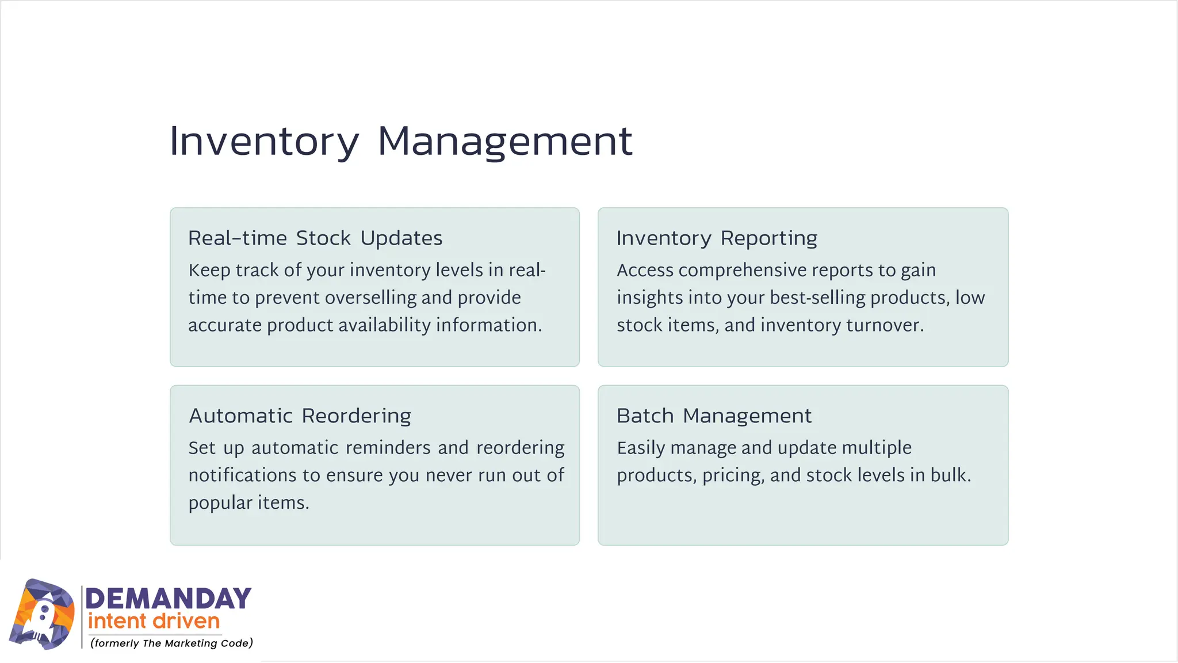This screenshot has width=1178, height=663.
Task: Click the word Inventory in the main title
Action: [x=264, y=142]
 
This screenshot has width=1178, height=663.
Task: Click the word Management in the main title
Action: [x=505, y=142]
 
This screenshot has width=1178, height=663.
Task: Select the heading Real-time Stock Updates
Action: [x=315, y=238]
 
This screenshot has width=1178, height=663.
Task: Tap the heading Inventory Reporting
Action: [x=717, y=238]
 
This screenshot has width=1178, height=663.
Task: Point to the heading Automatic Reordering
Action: [x=300, y=416]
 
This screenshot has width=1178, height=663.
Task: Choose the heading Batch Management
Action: [x=714, y=416]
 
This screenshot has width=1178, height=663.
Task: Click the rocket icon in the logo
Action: [x=42, y=615]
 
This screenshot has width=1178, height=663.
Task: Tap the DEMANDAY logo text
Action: [x=168, y=599]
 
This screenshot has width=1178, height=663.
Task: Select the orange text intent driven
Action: [x=154, y=622]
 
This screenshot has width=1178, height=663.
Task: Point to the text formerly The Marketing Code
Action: [x=171, y=643]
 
